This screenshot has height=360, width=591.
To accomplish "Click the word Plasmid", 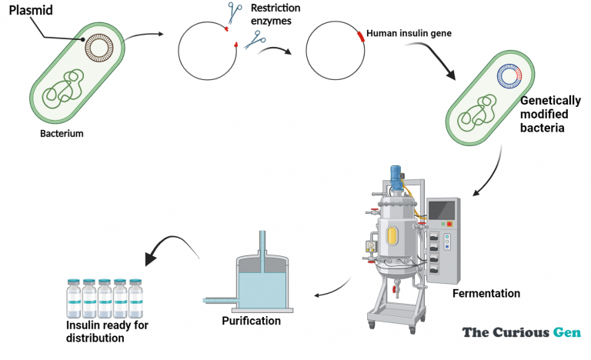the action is pyautogui.click(x=31, y=10).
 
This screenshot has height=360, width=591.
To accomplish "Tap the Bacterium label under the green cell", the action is pyautogui.click(x=62, y=133).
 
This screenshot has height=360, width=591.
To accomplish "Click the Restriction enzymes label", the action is pyautogui.click(x=275, y=15).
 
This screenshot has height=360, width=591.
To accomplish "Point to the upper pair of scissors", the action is pyautogui.click(x=235, y=12).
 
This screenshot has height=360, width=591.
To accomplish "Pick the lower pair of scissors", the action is pyautogui.click(x=255, y=40).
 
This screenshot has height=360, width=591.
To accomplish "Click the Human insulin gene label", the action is pyautogui.click(x=409, y=33).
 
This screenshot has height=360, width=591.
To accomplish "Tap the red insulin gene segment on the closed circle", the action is pyautogui.click(x=361, y=36).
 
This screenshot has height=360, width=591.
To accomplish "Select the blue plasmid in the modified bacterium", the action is pyautogui.click(x=509, y=76).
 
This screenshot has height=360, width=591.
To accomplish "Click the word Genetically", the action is pyautogui.click(x=550, y=101).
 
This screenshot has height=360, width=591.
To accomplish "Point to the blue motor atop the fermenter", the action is pyautogui.click(x=396, y=177).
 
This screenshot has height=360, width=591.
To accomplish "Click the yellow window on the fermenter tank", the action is pyautogui.click(x=392, y=235).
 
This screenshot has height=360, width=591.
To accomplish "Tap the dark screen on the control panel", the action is pyautogui.click(x=442, y=210).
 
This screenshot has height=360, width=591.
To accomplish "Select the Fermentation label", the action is pyautogui.click(x=486, y=293).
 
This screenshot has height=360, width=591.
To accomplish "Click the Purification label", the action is pyautogui.click(x=252, y=321).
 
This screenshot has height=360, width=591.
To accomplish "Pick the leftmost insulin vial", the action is pyautogui.click(x=74, y=298).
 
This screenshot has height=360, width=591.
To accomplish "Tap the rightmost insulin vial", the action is pyautogui.click(x=135, y=298).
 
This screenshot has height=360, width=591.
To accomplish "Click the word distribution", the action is pyautogui.click(x=95, y=338).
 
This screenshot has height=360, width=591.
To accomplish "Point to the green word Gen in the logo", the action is pyautogui.click(x=567, y=332).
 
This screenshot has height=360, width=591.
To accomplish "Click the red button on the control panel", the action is pyautogui.click(x=449, y=224).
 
